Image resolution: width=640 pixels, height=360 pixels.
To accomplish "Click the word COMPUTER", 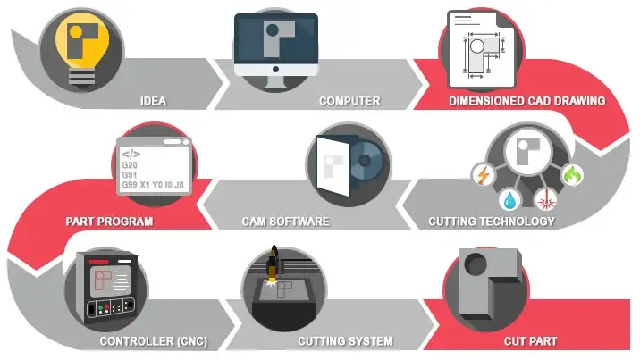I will [349, 101].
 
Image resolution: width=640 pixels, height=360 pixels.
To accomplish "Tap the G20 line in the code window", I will [131, 167].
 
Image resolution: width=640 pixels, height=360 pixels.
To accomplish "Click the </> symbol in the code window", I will [131, 154].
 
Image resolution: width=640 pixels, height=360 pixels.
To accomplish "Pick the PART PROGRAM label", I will [110, 221].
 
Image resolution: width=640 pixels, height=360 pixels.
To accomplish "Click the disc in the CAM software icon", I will [364, 165].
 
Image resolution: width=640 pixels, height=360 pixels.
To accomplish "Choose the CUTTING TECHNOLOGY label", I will [491, 221].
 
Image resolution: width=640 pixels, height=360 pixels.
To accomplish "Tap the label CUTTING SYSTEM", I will [344, 341].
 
